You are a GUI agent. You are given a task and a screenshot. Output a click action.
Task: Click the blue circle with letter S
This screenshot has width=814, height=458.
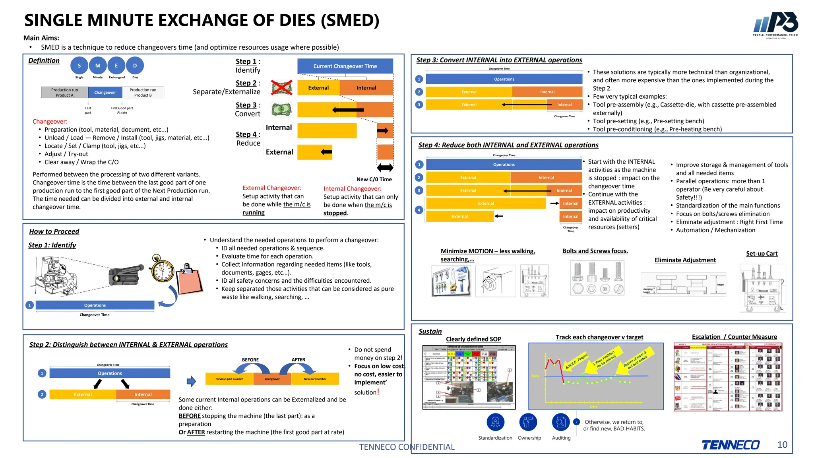pyautogui.click(x=79, y=66)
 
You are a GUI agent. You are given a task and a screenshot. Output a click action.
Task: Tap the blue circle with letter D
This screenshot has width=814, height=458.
pyautogui.click(x=135, y=66)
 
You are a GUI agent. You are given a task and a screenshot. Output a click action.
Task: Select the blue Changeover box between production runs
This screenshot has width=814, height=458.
pyautogui.click(x=105, y=92)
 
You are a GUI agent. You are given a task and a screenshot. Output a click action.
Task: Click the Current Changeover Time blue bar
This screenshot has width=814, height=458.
pyautogui.click(x=345, y=66)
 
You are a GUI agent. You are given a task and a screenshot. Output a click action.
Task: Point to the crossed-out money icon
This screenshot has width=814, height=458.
pyautogui.click(x=282, y=87)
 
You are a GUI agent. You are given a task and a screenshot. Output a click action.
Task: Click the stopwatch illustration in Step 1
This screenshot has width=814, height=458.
pyautogui.click(x=163, y=269)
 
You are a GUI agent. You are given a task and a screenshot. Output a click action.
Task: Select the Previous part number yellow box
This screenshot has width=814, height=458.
pyautogui.click(x=229, y=379)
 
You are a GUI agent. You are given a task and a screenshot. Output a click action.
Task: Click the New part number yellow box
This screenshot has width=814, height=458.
pyautogui.click(x=315, y=379)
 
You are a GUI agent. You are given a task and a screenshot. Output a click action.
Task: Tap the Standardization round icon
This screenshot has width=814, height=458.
pyautogui.click(x=495, y=422)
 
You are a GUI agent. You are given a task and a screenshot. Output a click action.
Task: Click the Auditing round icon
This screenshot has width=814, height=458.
pyautogui.click(x=561, y=422)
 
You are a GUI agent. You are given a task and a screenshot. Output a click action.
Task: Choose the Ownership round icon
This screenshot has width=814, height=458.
pyautogui.click(x=528, y=422)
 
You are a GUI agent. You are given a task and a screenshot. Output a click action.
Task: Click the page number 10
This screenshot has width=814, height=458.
pyautogui.click(x=782, y=444)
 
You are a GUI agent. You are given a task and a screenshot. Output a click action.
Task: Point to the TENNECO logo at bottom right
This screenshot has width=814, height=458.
pyautogui.click(x=731, y=445)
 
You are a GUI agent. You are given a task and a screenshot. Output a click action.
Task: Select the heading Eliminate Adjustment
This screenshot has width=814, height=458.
pyautogui.click(x=685, y=260)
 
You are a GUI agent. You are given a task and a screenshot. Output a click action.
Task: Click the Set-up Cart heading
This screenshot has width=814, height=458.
pyautogui.click(x=762, y=254)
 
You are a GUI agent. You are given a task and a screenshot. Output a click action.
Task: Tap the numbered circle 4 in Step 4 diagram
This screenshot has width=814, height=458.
pyautogui.click(x=419, y=210)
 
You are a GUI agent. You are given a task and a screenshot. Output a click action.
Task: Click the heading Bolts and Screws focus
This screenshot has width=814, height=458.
pyautogui.click(x=595, y=251)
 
